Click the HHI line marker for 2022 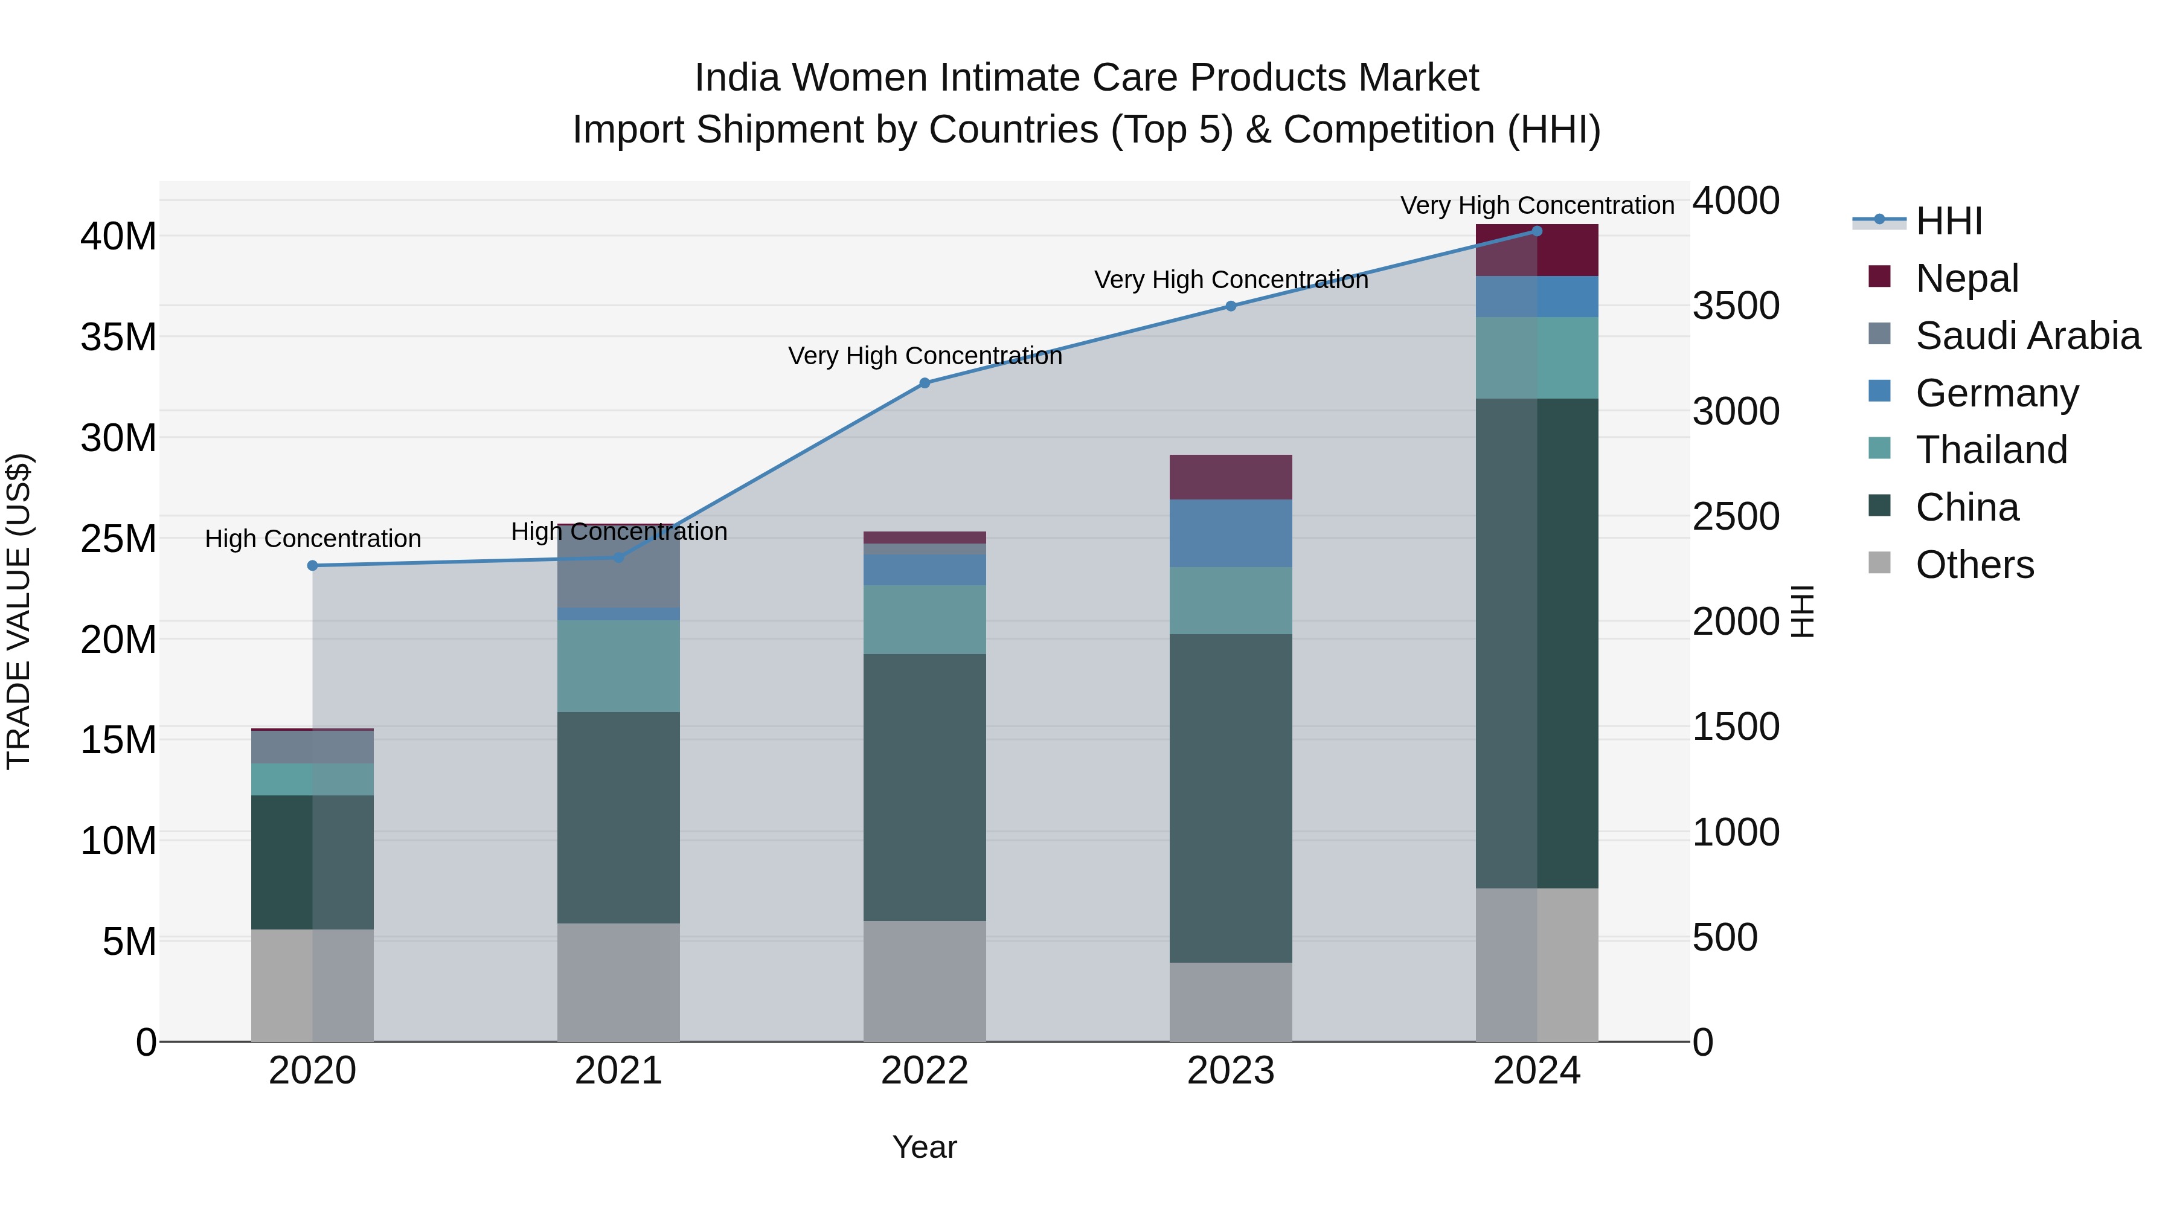click(x=924, y=383)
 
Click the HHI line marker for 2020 click(x=312, y=565)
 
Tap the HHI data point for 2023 click(x=1231, y=306)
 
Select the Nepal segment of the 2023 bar click(x=1231, y=477)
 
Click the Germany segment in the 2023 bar click(x=1231, y=533)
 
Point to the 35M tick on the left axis click(x=118, y=338)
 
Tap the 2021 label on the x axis click(x=618, y=1071)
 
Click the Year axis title click(x=924, y=1147)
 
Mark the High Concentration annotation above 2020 click(x=312, y=539)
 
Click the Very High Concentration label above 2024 click(x=1537, y=205)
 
